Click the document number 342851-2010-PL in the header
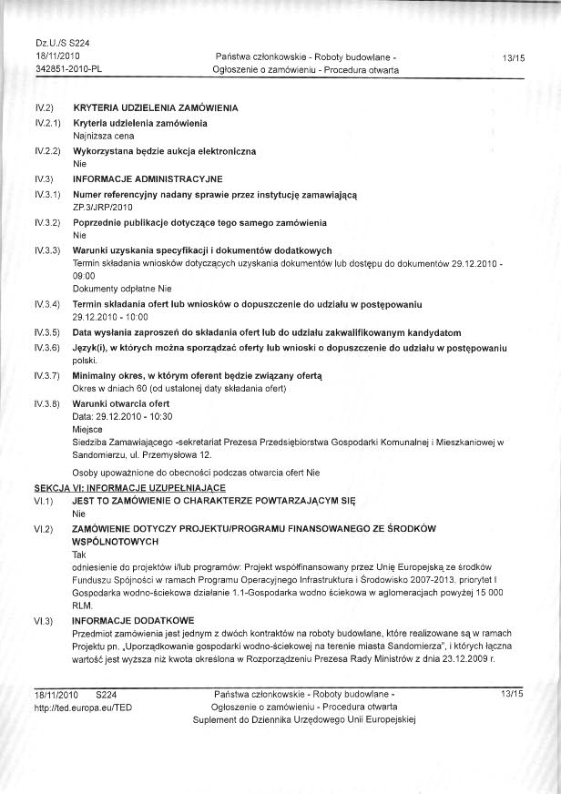coord(66,69)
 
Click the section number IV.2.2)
coord(46,149)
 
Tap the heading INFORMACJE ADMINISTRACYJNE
coord(142,178)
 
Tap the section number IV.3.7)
coord(46,375)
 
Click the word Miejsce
coord(87,429)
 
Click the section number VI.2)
coord(45,529)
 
